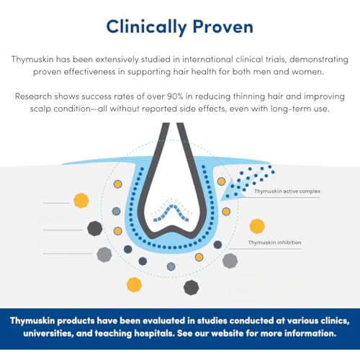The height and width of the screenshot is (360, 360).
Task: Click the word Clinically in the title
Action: [x=143, y=27]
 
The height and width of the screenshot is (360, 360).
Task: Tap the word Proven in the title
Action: [x=220, y=27]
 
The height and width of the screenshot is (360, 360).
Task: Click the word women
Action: [x=325, y=71]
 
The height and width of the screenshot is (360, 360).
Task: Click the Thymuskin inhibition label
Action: [x=276, y=243]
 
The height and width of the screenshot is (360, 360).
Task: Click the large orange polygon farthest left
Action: [x=81, y=200]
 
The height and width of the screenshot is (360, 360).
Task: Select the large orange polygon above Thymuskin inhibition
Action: [x=256, y=226]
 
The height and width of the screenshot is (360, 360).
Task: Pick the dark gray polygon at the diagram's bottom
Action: [x=191, y=287]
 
